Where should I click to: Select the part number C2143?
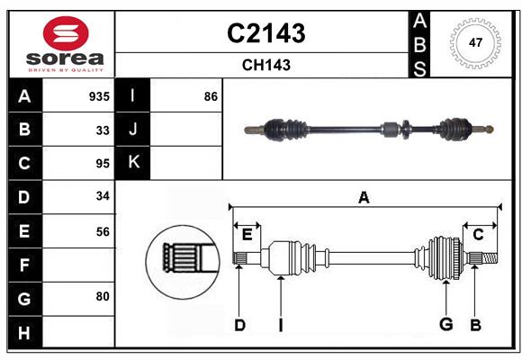pos(265,33)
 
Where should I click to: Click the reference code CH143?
pos(265,65)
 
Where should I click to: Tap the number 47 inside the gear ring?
pos(474,42)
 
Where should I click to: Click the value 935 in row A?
pos(98,96)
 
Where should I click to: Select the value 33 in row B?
pos(103,130)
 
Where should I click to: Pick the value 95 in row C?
pos(103,164)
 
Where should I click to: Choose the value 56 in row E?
pos(103,231)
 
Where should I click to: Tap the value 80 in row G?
pos(103,296)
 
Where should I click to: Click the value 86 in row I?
pos(211,96)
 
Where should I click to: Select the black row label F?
pos(24,265)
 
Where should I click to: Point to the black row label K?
pos(133,163)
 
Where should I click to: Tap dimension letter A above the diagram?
pos(364,197)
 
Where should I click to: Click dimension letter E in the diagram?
pos(247,235)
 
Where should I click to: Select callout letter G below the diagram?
pos(445,325)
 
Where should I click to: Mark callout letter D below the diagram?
pos(239,325)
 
